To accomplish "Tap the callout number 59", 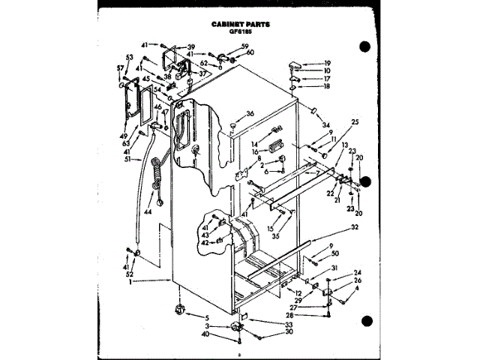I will pyautogui.click(x=244, y=46).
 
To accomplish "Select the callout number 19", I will pyautogui.click(x=327, y=63).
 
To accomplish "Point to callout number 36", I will pyautogui.click(x=250, y=113).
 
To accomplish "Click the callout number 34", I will pyautogui.click(x=325, y=124).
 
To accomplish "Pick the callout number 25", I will pyautogui.click(x=355, y=121).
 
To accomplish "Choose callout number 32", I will pyautogui.click(x=355, y=226).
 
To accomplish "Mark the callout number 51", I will pyautogui.click(x=127, y=159).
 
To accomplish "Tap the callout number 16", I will pyautogui.click(x=255, y=151).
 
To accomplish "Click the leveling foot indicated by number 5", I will pyautogui.click(x=180, y=309).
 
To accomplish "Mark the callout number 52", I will pyautogui.click(x=129, y=274).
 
